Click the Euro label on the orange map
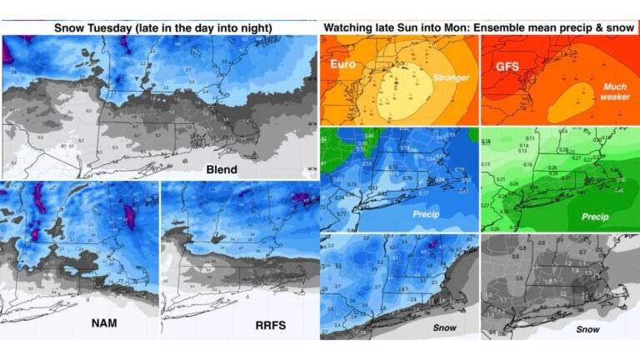(342, 64)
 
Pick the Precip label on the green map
(594, 217)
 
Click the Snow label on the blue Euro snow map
(444, 327)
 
